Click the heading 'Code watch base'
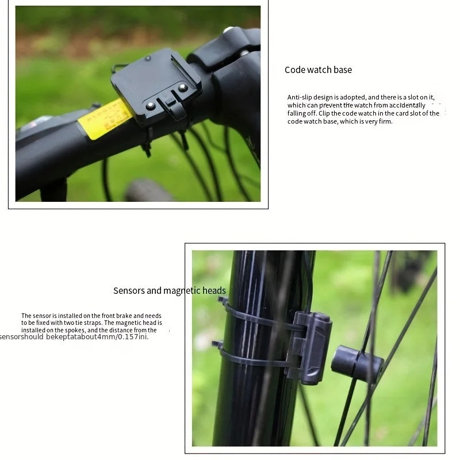(x=318, y=70)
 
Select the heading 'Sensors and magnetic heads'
(x=170, y=290)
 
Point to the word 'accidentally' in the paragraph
(x=407, y=106)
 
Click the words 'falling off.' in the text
(x=300, y=114)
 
